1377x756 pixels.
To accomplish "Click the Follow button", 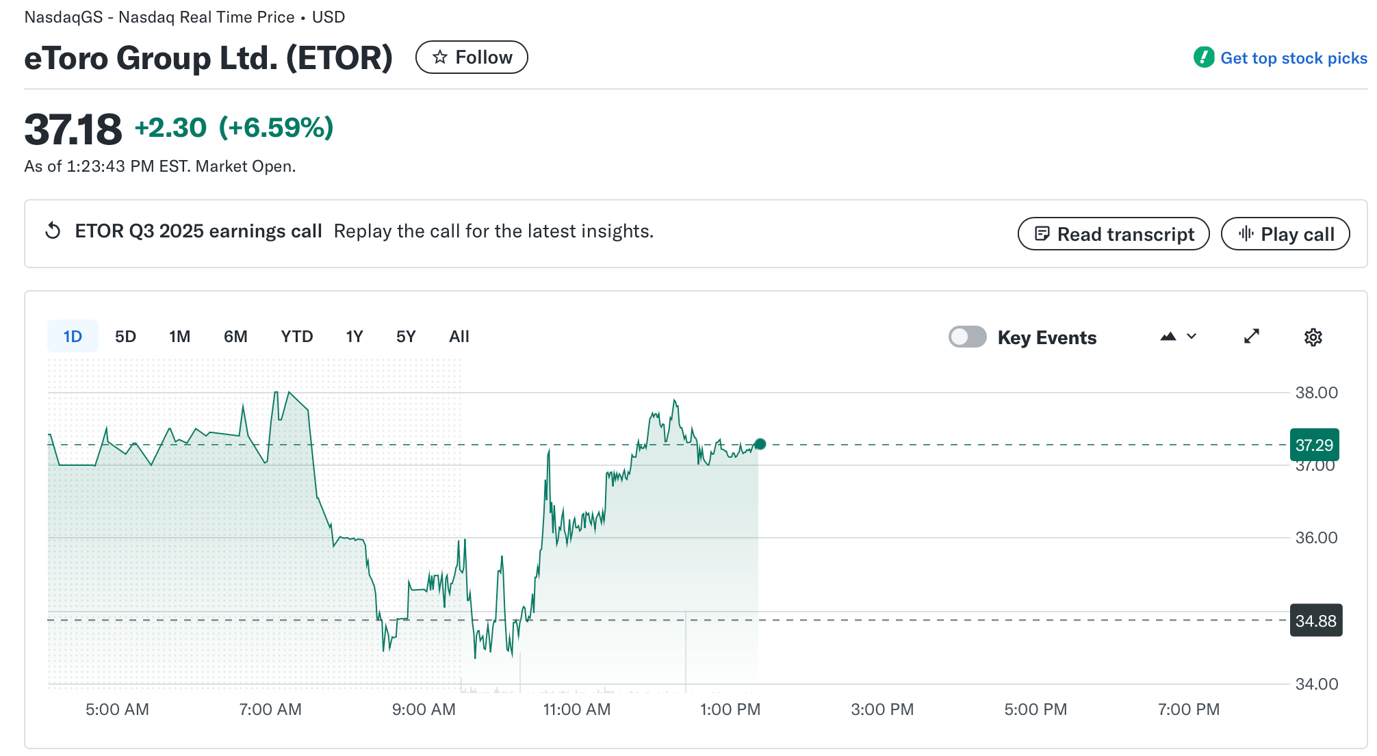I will (472, 57).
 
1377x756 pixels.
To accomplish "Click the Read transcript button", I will (1113, 234).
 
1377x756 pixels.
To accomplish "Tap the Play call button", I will (1285, 234).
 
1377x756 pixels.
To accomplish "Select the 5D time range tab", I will (125, 337).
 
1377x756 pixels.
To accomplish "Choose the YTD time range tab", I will (296, 337).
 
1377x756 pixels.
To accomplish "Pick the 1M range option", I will (179, 337).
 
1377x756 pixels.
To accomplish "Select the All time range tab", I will (459, 337).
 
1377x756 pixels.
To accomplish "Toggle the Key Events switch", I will (967, 337).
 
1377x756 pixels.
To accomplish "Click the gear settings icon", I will (1313, 337).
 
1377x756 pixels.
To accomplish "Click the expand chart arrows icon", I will (1251, 337).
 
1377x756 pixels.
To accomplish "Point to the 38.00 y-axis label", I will (1316, 393).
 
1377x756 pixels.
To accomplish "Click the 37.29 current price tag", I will (1314, 445).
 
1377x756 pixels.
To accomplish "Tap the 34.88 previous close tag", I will (1315, 621).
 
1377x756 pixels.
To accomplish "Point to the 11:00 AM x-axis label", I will (576, 709).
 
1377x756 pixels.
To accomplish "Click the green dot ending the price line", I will (760, 444).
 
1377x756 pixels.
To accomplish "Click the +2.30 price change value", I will (170, 128).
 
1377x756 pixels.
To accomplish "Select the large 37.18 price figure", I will (73, 129).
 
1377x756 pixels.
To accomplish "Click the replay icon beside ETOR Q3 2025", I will (53, 231).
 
